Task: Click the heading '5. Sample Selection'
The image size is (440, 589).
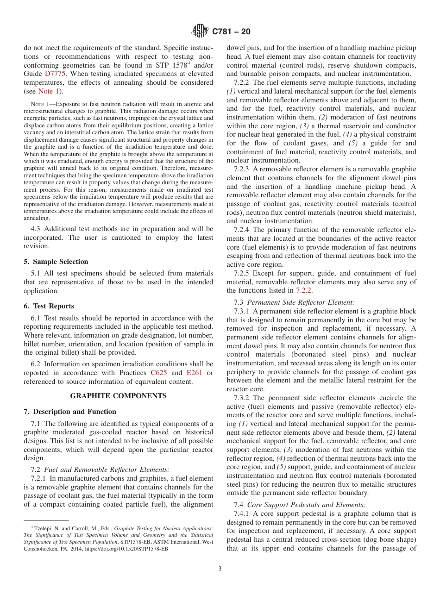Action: pos(56,262)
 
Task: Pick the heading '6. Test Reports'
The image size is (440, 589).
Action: pos(49,306)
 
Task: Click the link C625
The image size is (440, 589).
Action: pos(159,373)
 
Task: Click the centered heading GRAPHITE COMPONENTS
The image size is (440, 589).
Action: pos(118,396)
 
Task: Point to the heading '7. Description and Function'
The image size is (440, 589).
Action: pos(70,412)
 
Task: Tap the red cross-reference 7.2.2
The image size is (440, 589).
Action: pos(303,290)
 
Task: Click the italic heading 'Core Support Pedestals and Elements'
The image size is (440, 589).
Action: pos(306,505)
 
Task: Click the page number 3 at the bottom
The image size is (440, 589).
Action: pos(220,569)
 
